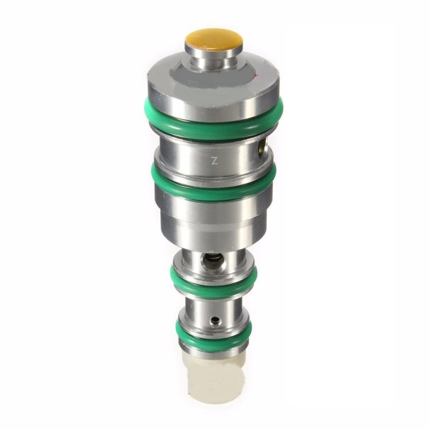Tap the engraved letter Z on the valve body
pos(214,160)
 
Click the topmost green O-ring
pos(213,121)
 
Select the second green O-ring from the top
pos(213,186)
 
